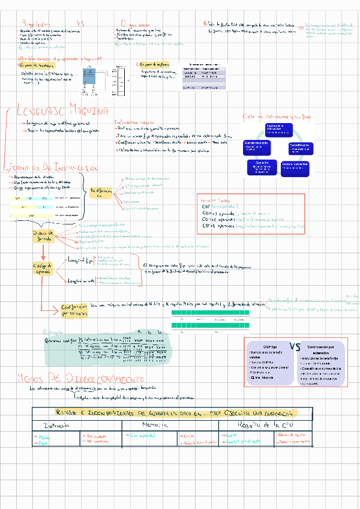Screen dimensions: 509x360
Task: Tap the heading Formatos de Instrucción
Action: pyautogui.click(x=51, y=168)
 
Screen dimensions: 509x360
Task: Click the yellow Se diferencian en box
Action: pyautogui.click(x=101, y=193)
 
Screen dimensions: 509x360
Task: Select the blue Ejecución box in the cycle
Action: pyautogui.click(x=262, y=165)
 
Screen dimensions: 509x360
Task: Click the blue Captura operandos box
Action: pyautogui.click(x=296, y=166)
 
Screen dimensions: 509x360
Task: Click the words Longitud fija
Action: pyautogui.click(x=80, y=260)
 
